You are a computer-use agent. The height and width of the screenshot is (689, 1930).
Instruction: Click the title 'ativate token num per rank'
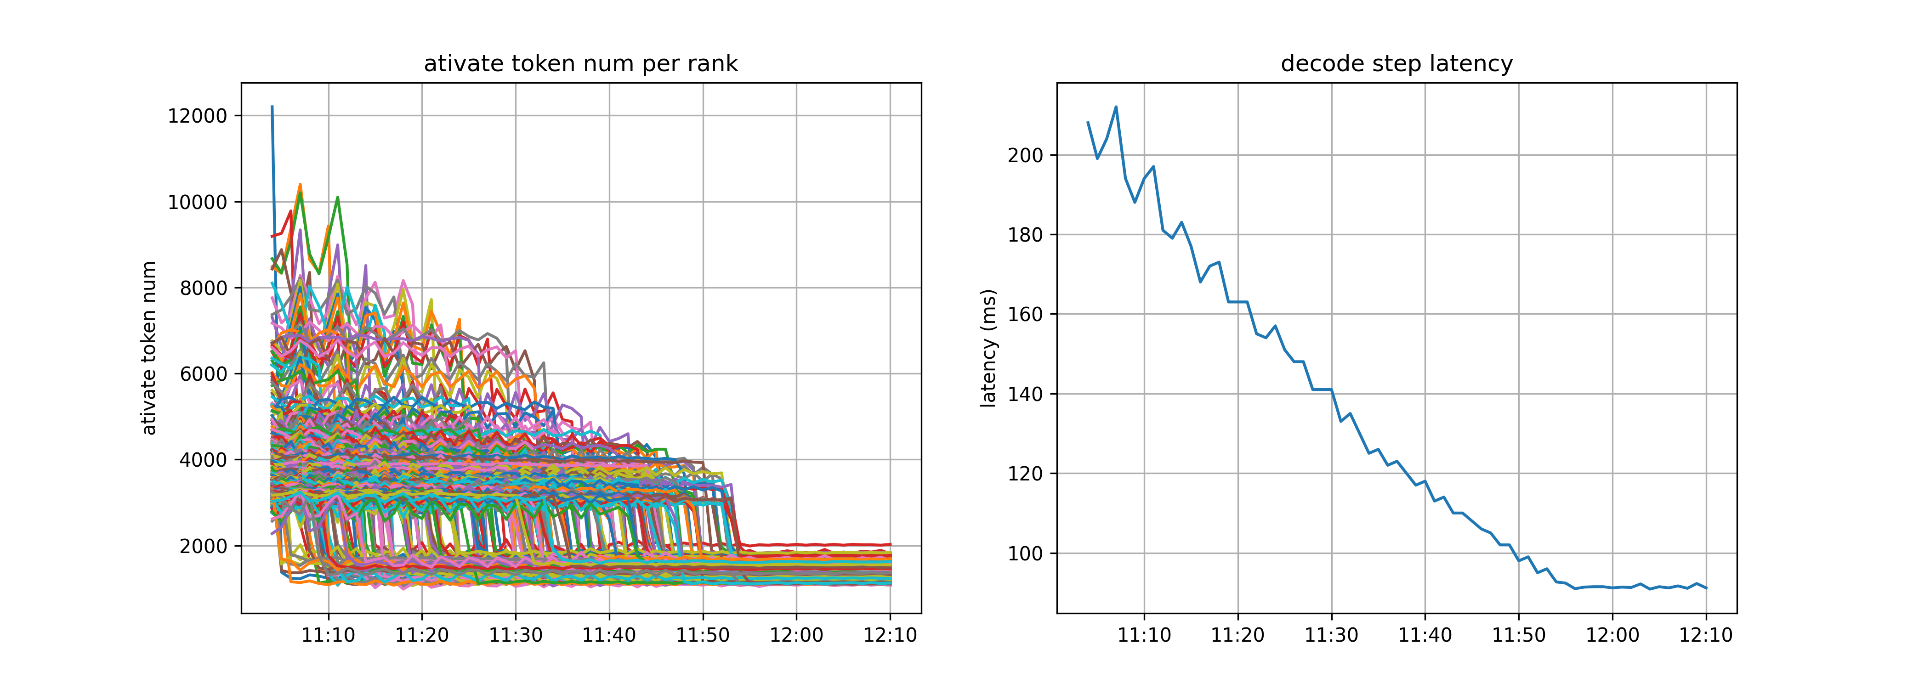click(x=581, y=64)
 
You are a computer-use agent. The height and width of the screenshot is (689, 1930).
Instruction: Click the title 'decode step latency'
click(x=1396, y=64)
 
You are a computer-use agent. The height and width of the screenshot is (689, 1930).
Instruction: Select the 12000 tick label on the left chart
click(x=197, y=116)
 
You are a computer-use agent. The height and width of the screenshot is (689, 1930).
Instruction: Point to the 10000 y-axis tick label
click(x=197, y=202)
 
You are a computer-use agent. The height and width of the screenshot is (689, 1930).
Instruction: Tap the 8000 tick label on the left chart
click(x=203, y=288)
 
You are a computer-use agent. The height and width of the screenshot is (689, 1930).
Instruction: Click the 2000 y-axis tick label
click(x=203, y=546)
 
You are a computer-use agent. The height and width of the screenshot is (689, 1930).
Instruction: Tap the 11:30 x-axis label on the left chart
click(x=516, y=636)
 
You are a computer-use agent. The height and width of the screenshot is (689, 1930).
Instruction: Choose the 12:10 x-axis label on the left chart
click(x=890, y=636)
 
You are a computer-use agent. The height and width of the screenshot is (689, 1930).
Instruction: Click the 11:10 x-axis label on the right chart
click(x=1144, y=636)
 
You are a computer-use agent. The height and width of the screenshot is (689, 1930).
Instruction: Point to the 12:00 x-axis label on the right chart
click(x=1612, y=636)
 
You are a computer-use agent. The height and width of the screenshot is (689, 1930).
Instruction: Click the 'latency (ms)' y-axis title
click(x=989, y=348)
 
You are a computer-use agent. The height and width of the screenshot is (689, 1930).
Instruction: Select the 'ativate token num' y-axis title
click(x=149, y=348)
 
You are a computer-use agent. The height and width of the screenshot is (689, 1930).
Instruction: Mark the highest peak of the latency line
click(x=1116, y=107)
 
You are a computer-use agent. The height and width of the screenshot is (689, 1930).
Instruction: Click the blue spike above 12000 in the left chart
click(x=272, y=107)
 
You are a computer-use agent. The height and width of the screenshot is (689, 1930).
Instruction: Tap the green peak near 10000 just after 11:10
click(x=338, y=198)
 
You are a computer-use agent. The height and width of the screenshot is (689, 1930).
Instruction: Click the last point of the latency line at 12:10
click(x=1706, y=588)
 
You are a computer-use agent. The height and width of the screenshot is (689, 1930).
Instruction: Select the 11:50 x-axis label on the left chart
click(x=703, y=636)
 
